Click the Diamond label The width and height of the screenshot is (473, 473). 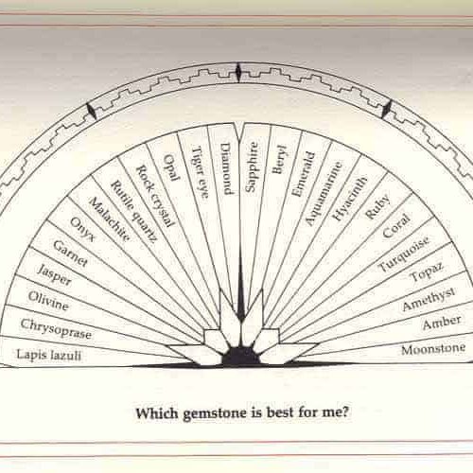(226, 168)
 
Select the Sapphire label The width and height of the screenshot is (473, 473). (252, 166)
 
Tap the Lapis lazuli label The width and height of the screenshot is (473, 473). (49, 355)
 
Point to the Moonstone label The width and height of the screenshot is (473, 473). (433, 349)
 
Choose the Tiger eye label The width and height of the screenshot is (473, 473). (201, 172)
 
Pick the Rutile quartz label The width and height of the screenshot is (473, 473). (133, 211)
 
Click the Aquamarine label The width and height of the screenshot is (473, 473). (324, 194)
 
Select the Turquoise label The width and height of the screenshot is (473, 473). (404, 254)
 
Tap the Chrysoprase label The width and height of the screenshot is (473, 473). (56, 329)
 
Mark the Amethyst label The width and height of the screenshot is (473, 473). (429, 299)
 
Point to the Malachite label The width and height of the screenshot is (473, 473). (109, 219)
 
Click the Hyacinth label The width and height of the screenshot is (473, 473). (350, 199)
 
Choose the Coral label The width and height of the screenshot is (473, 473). (396, 226)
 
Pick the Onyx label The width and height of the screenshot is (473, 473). (82, 229)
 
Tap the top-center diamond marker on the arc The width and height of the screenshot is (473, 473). (238, 72)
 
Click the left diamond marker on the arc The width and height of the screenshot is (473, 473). (92, 111)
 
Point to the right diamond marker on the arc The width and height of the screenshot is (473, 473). (387, 109)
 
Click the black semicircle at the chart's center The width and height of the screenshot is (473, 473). (241, 358)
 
